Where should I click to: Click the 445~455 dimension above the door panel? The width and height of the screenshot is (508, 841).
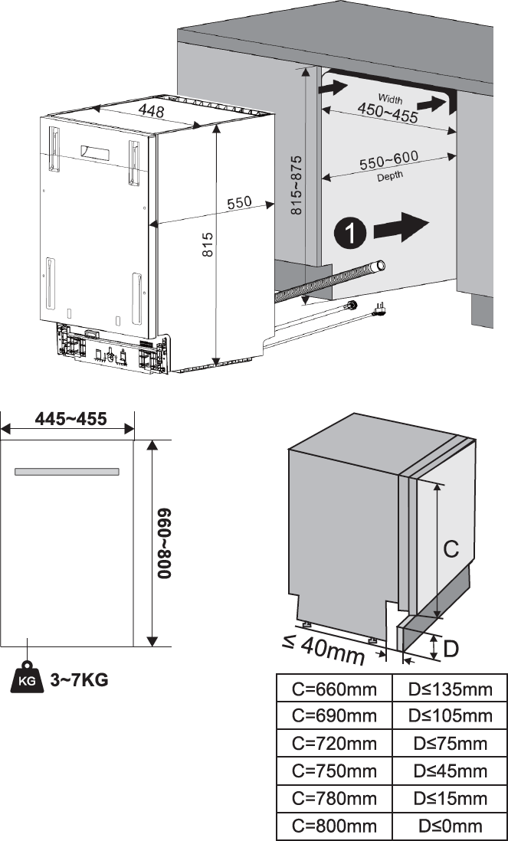(x=70, y=419)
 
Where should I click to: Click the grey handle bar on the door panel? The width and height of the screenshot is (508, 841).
(x=67, y=473)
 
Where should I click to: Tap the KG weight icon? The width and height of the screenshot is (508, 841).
(x=26, y=678)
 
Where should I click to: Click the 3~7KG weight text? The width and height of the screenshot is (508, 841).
(x=79, y=679)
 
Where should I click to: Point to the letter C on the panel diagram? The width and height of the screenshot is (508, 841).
(x=452, y=548)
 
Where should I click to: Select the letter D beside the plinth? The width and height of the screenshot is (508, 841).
(x=451, y=650)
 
